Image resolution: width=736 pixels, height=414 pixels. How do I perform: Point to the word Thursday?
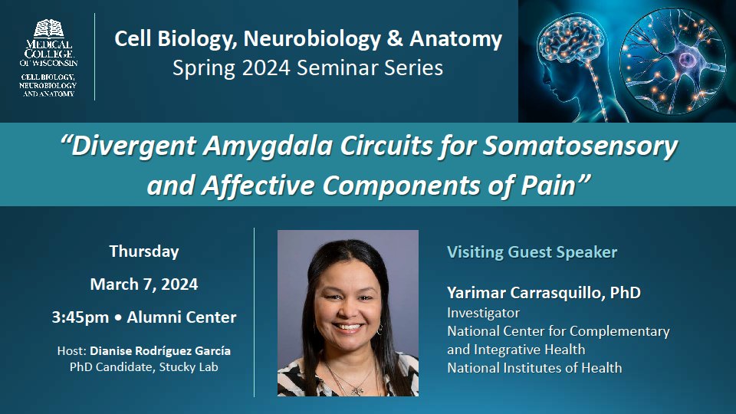[x=144, y=251]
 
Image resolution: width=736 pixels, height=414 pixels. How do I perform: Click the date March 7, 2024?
[x=144, y=284]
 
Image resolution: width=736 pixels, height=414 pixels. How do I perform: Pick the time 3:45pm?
[x=90, y=317]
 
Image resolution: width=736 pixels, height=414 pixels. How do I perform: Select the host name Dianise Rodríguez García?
[x=160, y=350]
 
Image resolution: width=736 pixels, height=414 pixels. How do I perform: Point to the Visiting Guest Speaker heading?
[x=532, y=251]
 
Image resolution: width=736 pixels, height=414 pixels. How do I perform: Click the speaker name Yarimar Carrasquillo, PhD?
[x=544, y=293]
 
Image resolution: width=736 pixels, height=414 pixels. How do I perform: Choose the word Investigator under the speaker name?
[x=483, y=313]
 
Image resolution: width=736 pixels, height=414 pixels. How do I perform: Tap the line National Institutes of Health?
[x=534, y=368]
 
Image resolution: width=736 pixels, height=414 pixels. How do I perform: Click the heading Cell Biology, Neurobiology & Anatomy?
[x=308, y=39]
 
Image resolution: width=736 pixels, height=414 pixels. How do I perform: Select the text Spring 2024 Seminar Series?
[x=308, y=67]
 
